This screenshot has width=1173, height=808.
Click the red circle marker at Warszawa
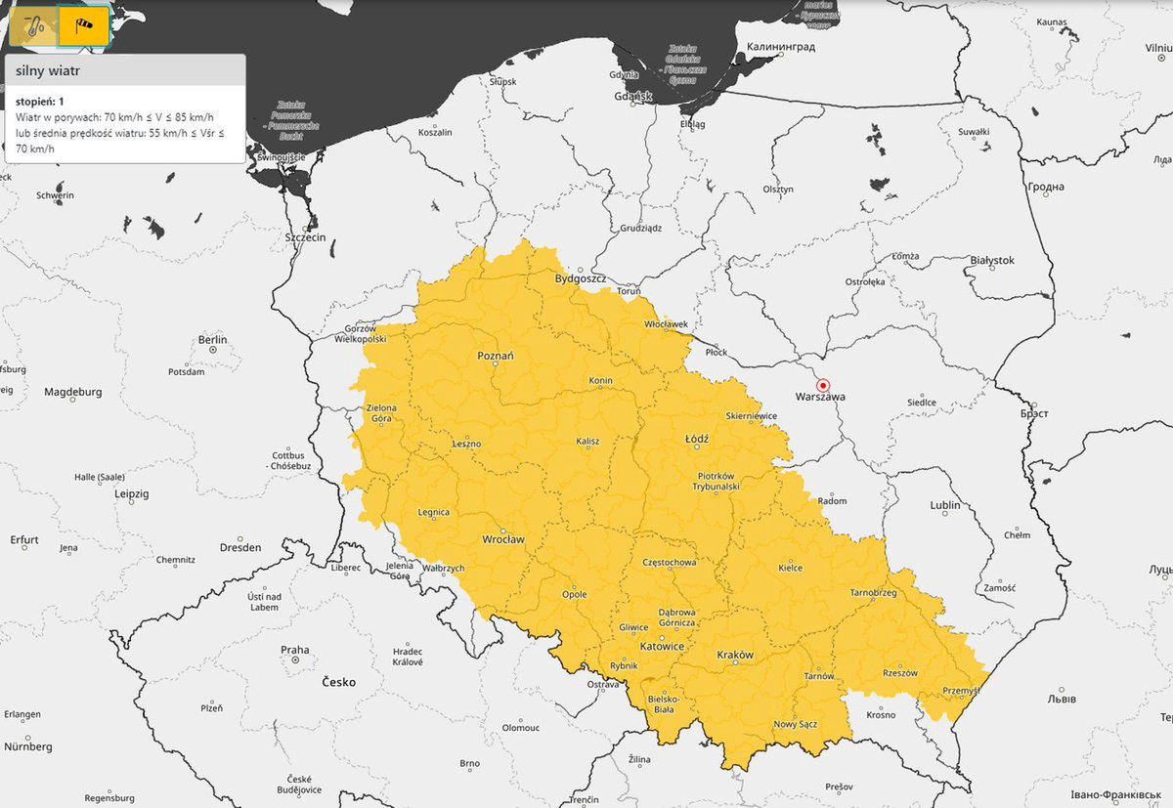click(823, 385)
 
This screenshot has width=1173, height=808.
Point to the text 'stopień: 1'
click(40, 101)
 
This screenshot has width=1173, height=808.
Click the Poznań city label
click(495, 357)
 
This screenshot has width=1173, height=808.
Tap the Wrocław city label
click(503, 539)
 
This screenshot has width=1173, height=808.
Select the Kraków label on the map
click(735, 656)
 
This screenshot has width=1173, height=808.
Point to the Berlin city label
click(212, 340)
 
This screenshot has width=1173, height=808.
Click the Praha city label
click(294, 650)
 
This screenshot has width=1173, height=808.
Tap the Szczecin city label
click(305, 237)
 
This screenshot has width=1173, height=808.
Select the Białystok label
click(992, 260)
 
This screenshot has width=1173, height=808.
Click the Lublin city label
click(945, 505)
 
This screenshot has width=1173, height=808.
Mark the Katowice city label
click(662, 647)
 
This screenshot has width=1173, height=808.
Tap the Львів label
click(1061, 700)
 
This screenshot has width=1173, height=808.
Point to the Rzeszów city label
click(899, 673)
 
